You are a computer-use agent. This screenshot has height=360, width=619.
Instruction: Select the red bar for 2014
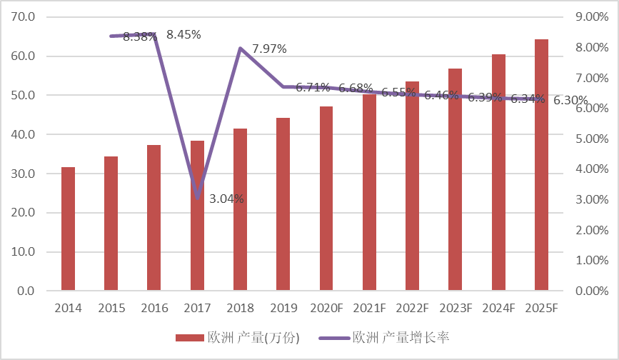[x=68, y=229]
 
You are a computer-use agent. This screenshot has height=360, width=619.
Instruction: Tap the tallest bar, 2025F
[x=541, y=165]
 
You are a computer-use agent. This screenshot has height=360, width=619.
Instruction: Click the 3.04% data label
[x=226, y=199]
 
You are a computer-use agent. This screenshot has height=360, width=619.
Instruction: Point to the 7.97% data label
[x=269, y=49]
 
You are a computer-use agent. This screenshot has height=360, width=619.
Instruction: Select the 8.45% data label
[x=183, y=34]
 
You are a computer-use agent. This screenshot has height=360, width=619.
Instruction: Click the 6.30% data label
[x=570, y=101]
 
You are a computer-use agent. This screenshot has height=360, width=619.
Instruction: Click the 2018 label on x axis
[x=240, y=309]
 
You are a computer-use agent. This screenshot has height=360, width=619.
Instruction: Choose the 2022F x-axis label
[x=412, y=309]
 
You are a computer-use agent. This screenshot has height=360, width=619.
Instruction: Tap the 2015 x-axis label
[x=111, y=309]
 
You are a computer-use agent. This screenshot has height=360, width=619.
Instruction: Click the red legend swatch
[x=190, y=337]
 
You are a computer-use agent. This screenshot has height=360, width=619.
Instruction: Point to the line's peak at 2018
[x=240, y=48]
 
